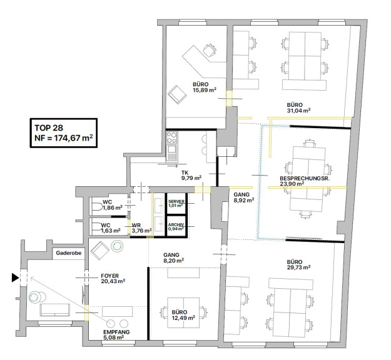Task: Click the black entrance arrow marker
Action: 15,277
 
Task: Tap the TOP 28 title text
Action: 49,127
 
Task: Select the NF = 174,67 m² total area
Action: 64,137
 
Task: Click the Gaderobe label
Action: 69,253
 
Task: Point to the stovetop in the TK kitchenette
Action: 172,137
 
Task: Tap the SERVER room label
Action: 176,201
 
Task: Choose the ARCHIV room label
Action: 176,225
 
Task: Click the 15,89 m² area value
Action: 204,90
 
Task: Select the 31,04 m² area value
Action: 298,111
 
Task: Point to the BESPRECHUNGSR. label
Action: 305,178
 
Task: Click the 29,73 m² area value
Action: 298,267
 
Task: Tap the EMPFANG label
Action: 116,332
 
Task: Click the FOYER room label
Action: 109,276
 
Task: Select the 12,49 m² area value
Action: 183,317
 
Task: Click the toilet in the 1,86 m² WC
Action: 97,206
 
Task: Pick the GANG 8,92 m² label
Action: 243,197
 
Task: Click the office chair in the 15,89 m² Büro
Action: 209,50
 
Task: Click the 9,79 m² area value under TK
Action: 191,178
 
